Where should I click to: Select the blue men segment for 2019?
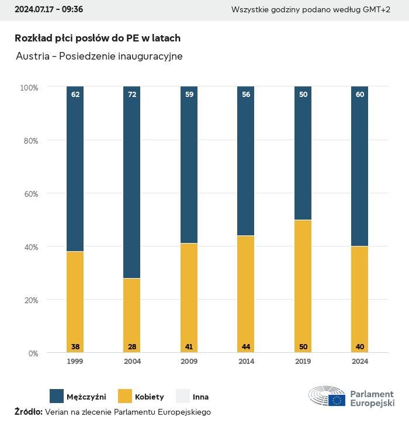coord(303,153)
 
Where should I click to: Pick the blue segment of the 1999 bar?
coord(75,169)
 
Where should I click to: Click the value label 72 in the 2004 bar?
coord(132,94)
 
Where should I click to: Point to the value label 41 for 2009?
coord(189,347)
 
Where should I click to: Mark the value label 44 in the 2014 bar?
coord(246,347)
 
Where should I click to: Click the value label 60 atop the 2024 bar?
coord(360,94)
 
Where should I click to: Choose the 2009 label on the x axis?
coord(189,362)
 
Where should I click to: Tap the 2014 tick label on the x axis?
coord(246,362)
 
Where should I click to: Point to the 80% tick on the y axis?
coord(29,141)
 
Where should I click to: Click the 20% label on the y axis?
coord(29,300)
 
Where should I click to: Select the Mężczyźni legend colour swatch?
coord(57,396)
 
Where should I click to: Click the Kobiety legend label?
coord(150,397)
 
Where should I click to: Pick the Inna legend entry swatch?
coord(183,396)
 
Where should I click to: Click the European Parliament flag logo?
coord(336,400)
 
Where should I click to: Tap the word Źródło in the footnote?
coord(28,412)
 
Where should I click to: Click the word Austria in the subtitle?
coord(32,57)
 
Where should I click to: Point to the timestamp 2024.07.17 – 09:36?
coord(48,9)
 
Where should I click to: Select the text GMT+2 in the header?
coord(376,9)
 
